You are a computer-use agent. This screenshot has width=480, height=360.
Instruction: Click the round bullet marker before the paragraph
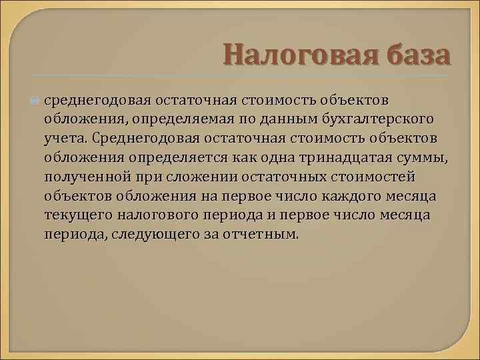[x=35, y=100]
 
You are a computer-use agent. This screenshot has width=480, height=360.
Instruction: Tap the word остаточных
[x=281, y=177]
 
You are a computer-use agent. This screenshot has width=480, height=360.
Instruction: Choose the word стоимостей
[x=378, y=177]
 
